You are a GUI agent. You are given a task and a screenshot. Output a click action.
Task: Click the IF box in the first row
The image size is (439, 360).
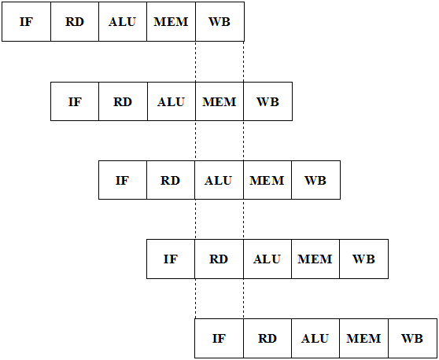(26, 22)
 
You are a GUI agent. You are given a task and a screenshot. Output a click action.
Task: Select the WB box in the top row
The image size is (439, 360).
(219, 22)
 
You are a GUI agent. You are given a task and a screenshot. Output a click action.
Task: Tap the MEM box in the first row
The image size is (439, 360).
(171, 22)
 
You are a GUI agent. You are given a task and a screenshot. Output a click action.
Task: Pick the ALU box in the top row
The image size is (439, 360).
(123, 22)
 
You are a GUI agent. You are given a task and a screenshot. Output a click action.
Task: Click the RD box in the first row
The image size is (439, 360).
(75, 22)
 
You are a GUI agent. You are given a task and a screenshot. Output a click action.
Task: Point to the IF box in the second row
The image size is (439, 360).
(75, 101)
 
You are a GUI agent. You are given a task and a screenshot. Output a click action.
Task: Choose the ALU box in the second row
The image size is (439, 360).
(172, 101)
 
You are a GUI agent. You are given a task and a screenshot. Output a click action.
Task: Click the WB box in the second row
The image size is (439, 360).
(268, 101)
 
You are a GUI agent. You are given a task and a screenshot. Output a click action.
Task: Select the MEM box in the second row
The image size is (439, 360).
(219, 101)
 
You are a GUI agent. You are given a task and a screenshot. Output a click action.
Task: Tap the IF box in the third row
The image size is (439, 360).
(123, 180)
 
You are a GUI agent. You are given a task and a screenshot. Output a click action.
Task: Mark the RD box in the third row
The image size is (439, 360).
(171, 180)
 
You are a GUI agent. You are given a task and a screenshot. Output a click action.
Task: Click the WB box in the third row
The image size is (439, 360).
(315, 180)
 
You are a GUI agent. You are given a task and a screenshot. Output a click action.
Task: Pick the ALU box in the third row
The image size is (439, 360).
(219, 180)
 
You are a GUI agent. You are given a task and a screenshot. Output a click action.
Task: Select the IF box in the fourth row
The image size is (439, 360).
(171, 259)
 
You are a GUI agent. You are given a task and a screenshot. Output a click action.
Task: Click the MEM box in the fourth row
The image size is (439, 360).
(315, 259)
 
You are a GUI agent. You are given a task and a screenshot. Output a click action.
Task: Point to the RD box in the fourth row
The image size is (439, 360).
(219, 259)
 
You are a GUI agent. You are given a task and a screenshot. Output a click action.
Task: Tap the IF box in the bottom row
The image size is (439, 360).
(219, 338)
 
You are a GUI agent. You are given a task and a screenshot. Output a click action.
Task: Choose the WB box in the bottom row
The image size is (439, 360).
(413, 338)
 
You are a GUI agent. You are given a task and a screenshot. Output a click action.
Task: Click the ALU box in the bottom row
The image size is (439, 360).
(315, 338)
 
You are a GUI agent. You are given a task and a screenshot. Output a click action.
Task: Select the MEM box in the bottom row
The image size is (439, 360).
(364, 338)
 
